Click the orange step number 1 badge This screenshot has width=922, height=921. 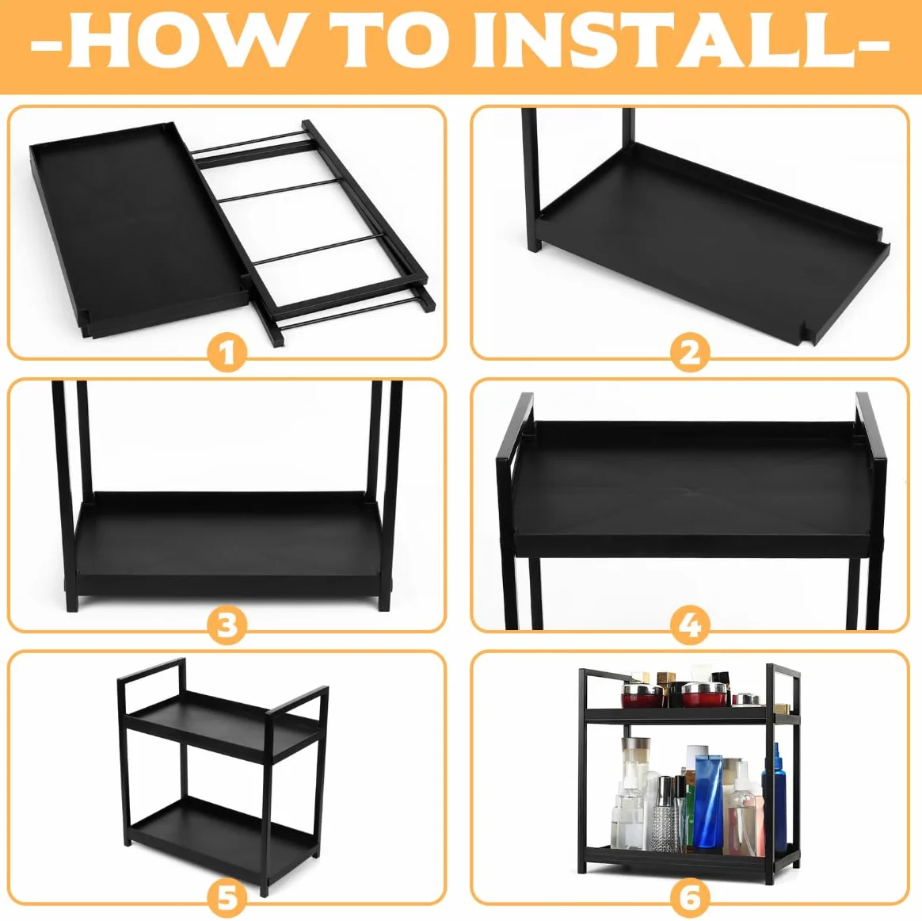(x=227, y=353)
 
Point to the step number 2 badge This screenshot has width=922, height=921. (x=690, y=353)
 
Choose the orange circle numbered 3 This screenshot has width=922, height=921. (x=227, y=625)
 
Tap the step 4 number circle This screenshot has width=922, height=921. (x=690, y=625)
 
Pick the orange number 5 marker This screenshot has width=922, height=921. (x=227, y=898)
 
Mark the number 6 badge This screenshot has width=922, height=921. (x=690, y=898)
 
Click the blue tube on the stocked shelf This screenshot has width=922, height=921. (x=709, y=801)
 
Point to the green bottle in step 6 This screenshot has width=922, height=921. (x=690, y=812)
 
